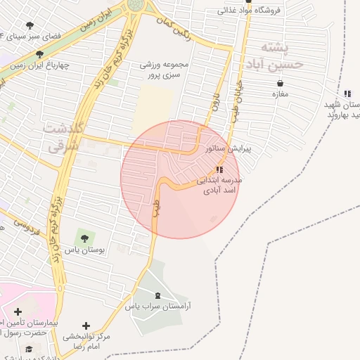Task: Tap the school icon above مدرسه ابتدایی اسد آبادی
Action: click(x=220, y=170)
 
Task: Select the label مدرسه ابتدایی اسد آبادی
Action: click(x=220, y=185)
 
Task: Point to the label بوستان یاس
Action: click(x=85, y=250)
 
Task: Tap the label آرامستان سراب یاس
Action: click(x=159, y=307)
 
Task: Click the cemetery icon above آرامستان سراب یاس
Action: click(x=157, y=296)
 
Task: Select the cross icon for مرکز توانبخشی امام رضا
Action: click(x=86, y=326)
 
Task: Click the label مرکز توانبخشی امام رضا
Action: click(x=86, y=342)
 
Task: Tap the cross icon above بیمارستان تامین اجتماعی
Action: click(x=18, y=311)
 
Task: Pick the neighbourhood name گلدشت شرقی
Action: click(x=64, y=138)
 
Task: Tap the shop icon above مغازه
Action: click(x=280, y=84)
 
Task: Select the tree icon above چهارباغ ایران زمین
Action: click(x=40, y=53)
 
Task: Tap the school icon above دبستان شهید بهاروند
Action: click(x=347, y=94)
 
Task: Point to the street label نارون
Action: click(x=217, y=105)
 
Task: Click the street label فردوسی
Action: click(x=25, y=226)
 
